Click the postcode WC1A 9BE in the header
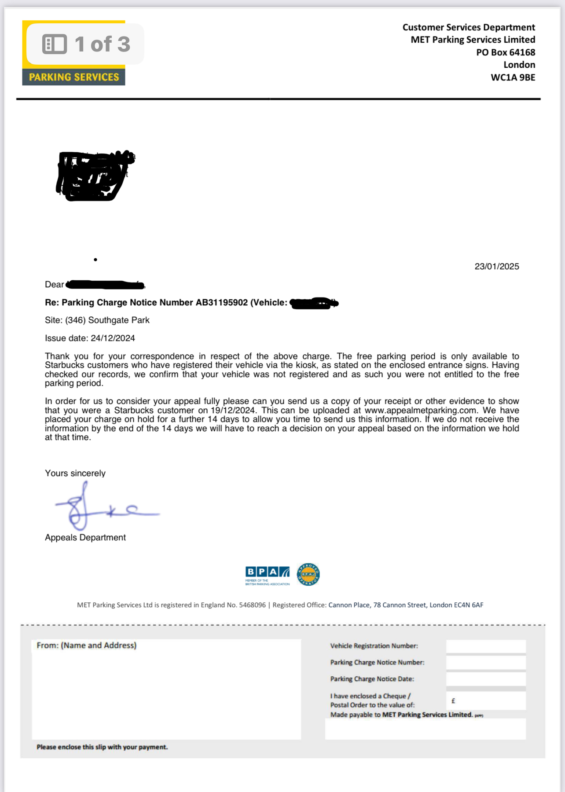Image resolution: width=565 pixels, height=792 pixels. click(513, 77)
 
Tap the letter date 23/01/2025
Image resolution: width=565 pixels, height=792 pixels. click(496, 267)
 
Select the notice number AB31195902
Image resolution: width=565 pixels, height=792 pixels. click(222, 303)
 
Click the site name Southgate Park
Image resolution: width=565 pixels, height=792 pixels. click(119, 320)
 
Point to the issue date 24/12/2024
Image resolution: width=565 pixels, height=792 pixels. click(113, 338)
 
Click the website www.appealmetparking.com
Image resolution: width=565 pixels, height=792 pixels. click(421, 411)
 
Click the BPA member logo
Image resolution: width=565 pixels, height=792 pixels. click(268, 575)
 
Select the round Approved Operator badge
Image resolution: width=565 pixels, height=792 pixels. click(308, 574)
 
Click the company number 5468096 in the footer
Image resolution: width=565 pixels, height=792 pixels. click(252, 605)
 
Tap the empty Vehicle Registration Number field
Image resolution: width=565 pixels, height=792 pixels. click(486, 646)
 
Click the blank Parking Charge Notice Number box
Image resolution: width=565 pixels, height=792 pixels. click(486, 663)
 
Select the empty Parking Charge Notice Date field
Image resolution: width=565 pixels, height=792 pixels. click(486, 679)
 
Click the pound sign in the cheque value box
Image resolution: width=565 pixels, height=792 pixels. click(453, 701)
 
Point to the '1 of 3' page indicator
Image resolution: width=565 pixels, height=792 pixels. click(102, 44)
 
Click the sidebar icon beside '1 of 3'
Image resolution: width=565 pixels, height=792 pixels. click(55, 44)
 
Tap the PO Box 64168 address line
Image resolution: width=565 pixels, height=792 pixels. click(506, 52)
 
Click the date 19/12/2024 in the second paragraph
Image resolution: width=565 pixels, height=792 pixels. click(233, 411)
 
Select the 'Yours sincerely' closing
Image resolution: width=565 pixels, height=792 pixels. click(75, 473)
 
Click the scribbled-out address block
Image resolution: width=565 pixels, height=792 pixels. click(95, 176)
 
